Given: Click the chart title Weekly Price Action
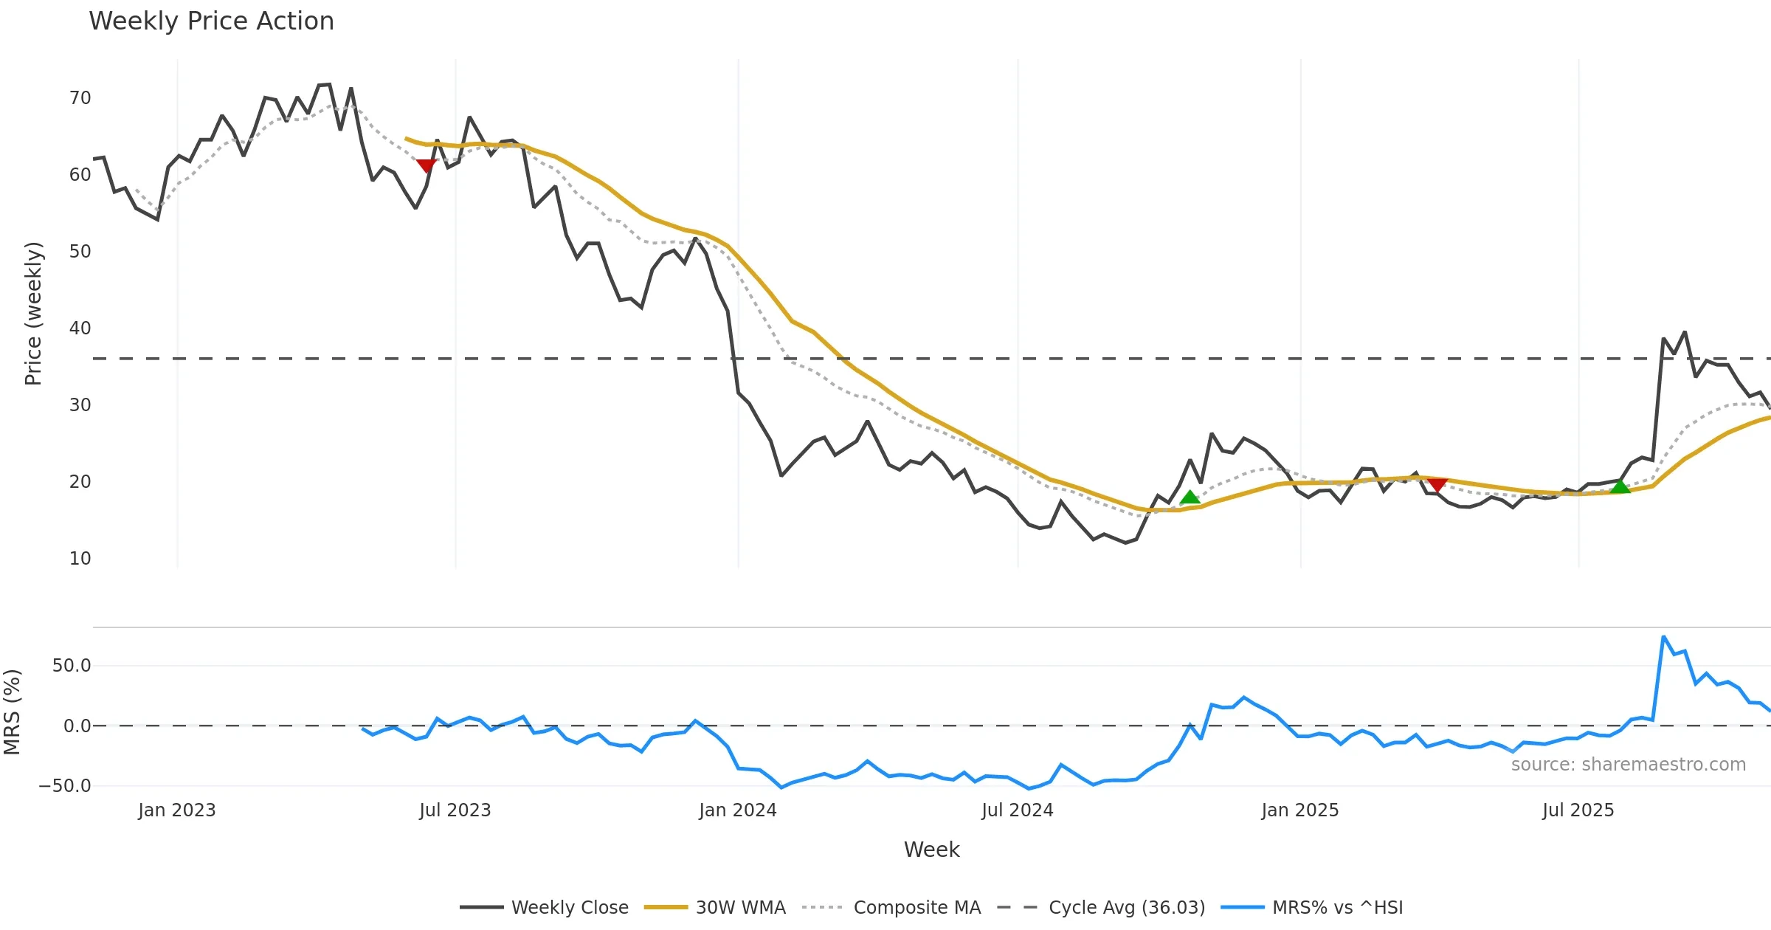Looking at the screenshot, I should pyautogui.click(x=211, y=21).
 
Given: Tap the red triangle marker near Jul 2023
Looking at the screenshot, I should pyautogui.click(x=426, y=165).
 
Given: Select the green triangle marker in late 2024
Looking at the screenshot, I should pyautogui.click(x=1190, y=497).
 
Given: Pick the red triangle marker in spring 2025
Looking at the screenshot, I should pyautogui.click(x=1437, y=484).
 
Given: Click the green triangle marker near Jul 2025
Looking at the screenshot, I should pyautogui.click(x=1620, y=486).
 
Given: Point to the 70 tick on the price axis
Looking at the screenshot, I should pyautogui.click(x=80, y=98).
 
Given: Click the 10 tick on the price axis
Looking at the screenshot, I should pyautogui.click(x=80, y=559).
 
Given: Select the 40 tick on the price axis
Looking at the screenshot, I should pyautogui.click(x=80, y=328).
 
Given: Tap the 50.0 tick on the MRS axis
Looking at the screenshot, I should pyautogui.click(x=72, y=666).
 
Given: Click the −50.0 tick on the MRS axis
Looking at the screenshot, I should pyautogui.click(x=65, y=786).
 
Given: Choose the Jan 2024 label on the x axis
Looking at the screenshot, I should pyautogui.click(x=738, y=810).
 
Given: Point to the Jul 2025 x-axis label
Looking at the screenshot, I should pyautogui.click(x=1578, y=810).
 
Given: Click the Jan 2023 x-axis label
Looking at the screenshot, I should pyautogui.click(x=177, y=810).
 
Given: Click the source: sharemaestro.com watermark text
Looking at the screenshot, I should pyautogui.click(x=1628, y=765).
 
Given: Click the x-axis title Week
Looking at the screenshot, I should pyautogui.click(x=931, y=850).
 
